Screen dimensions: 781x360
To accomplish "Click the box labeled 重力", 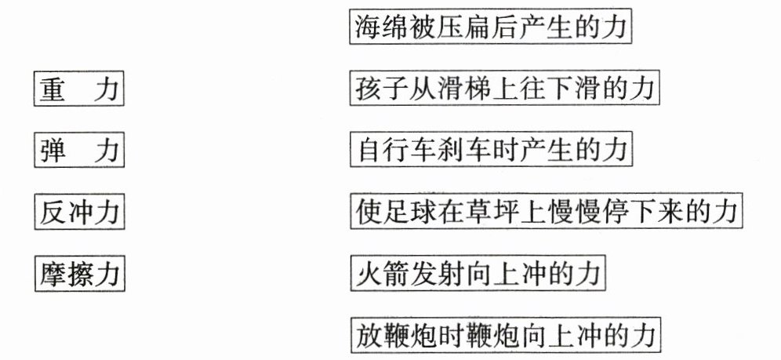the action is (79, 88).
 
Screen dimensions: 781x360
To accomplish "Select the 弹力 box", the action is (79, 150).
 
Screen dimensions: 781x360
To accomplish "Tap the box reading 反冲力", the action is (79, 212).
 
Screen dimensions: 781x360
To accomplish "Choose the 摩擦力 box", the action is (79, 274).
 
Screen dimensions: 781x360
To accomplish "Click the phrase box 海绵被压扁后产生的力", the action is (490, 27).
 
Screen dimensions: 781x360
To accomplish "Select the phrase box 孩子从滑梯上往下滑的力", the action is (506, 89).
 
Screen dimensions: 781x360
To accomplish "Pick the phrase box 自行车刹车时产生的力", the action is (490, 150).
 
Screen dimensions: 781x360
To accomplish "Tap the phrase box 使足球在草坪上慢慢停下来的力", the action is (546, 212).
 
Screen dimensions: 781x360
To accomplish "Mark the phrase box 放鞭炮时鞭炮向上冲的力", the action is (506, 336).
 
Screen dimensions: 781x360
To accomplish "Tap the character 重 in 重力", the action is (53, 88).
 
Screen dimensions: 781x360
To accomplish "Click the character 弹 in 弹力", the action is (53, 150).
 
